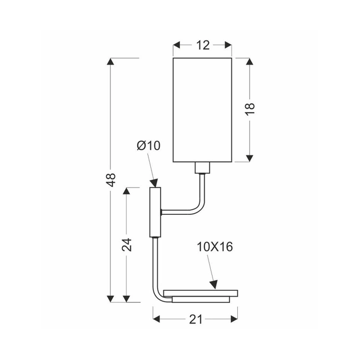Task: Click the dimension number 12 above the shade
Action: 202,45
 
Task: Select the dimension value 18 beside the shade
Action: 250,109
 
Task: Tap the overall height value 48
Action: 111,179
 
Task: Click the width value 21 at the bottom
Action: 195,321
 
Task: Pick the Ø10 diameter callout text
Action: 149,146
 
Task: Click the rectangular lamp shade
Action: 202,109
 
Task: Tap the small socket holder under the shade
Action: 202,168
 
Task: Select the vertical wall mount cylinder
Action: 155,211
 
